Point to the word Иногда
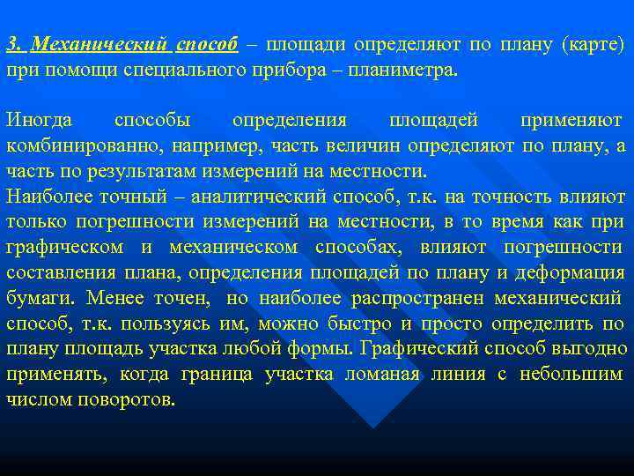[40, 119]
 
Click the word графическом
[64, 247]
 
